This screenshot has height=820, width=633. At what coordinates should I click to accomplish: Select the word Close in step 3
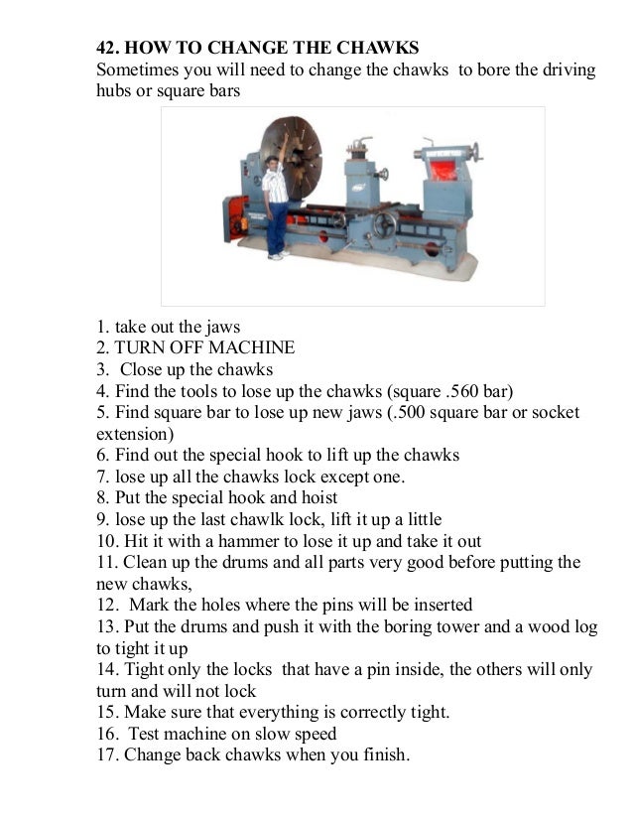(x=142, y=370)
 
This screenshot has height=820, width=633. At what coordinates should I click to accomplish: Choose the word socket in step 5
(x=556, y=413)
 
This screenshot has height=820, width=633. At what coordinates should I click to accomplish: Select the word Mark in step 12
(x=146, y=606)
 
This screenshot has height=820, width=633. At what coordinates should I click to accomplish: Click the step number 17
(x=104, y=755)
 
